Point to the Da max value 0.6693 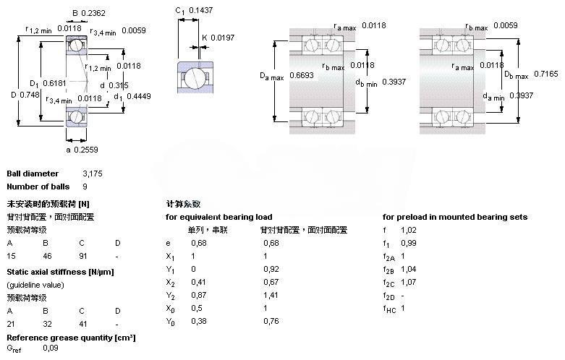coord(299,74)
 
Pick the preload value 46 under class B coord(48,256)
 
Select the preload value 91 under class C coord(84,256)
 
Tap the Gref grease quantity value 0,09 coord(51,348)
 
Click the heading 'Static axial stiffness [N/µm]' coord(60,271)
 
